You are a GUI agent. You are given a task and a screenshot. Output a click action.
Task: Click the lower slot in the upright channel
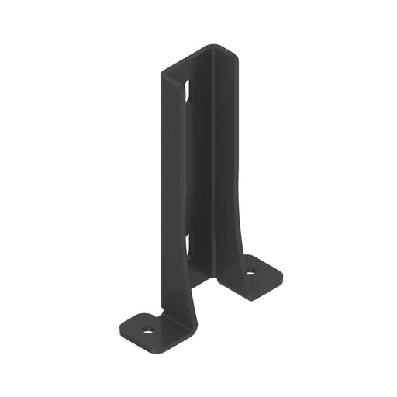pyautogui.click(x=189, y=247)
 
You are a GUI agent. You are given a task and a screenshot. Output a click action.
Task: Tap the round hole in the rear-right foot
pyautogui.click(x=250, y=272)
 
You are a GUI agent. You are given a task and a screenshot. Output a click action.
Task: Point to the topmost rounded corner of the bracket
pyautogui.click(x=216, y=47)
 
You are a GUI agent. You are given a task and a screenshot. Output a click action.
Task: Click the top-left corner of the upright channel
pyautogui.click(x=162, y=73)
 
